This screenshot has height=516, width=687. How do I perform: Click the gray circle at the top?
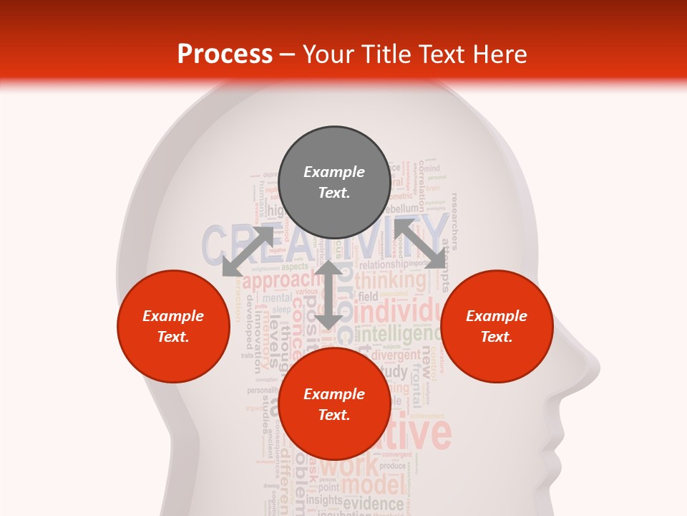(334, 183)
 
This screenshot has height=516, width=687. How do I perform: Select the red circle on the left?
(173, 326)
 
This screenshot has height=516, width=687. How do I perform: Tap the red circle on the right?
(497, 326)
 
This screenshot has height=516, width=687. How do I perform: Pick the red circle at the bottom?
(334, 404)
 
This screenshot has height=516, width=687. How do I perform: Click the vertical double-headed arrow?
(328, 295)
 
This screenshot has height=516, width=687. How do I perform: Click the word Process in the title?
(225, 54)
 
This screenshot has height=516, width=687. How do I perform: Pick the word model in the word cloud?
(371, 485)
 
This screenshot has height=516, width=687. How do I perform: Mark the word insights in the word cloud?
(324, 500)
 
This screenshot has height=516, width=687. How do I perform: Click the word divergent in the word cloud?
(396, 355)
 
